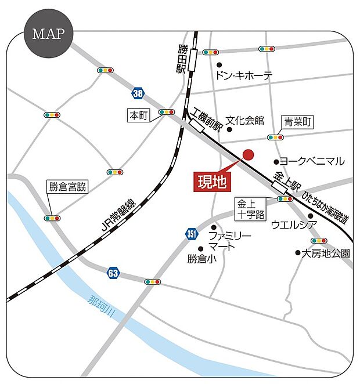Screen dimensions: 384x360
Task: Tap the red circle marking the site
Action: [248, 154]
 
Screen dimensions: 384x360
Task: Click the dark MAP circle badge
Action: [48, 33]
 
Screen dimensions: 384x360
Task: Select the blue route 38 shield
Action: [137, 92]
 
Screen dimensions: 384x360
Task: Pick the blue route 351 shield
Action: [192, 233]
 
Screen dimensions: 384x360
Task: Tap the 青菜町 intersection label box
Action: [298, 122]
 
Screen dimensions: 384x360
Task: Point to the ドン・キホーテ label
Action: [243, 75]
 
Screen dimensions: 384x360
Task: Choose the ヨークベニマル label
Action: [312, 161]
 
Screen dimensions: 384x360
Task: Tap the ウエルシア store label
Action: [293, 225]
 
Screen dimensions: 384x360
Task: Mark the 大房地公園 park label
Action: [326, 253]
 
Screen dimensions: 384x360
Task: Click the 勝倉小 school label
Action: [201, 259]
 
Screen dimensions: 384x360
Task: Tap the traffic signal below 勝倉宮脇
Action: [52, 218]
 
